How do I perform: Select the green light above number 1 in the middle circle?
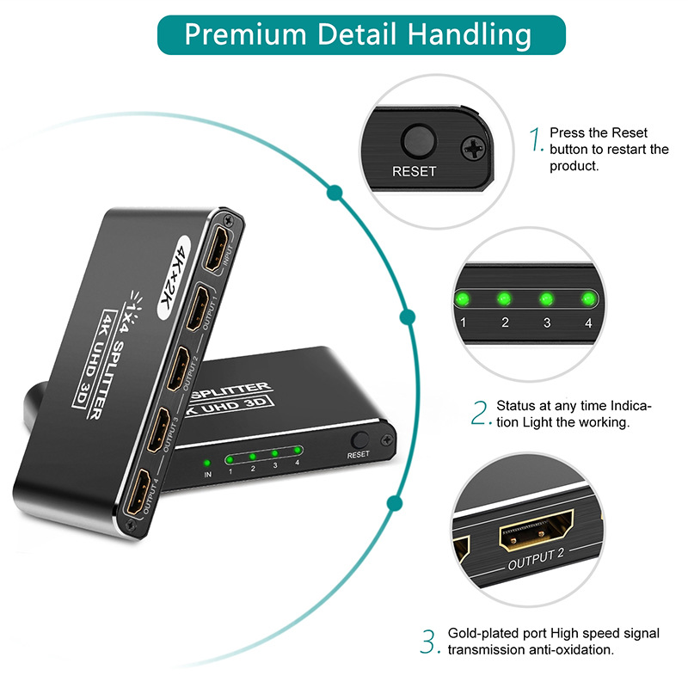(x=463, y=299)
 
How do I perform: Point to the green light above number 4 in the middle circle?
(x=588, y=299)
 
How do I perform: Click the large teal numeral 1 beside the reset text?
(x=537, y=139)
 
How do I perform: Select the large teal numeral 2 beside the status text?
(x=480, y=413)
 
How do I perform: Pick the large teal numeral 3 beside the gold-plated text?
(x=430, y=641)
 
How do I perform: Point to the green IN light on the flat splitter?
(x=207, y=452)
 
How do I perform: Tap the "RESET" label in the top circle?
(x=414, y=171)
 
